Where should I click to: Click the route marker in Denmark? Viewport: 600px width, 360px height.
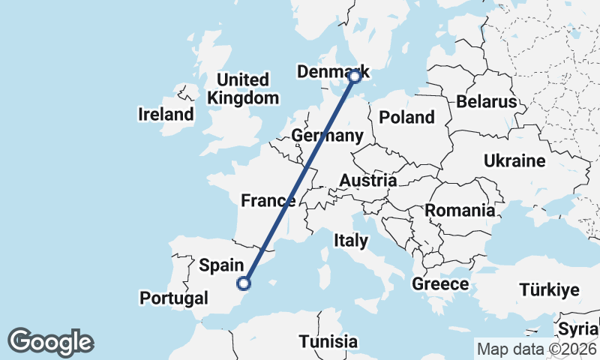(x=355, y=76)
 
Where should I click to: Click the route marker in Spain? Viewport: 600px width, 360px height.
(x=243, y=283)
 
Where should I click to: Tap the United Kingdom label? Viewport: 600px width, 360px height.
(x=243, y=88)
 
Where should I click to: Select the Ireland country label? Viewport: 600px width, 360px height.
(x=166, y=115)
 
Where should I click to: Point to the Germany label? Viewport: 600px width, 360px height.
(x=327, y=136)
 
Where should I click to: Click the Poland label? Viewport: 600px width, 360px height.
(x=406, y=117)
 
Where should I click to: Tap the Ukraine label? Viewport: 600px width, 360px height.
(x=514, y=161)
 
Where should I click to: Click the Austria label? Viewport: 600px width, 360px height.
(x=367, y=181)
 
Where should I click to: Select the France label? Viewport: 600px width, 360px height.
(x=268, y=200)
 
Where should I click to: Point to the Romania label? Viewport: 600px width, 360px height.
(x=460, y=210)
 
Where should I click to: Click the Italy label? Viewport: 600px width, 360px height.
(x=351, y=241)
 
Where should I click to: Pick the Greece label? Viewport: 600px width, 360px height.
(x=440, y=284)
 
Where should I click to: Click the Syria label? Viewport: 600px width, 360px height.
(x=578, y=329)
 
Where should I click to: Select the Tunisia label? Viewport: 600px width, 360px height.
(x=328, y=342)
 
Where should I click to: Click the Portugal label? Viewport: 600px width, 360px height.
(x=174, y=298)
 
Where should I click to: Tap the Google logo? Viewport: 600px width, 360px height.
(x=50, y=342)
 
